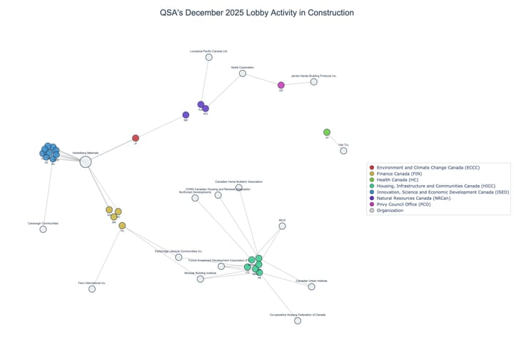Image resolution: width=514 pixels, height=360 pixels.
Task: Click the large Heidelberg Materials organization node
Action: click(86, 161)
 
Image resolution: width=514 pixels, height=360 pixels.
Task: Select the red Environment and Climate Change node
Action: click(136, 138)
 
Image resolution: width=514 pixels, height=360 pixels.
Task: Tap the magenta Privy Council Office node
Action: click(281, 85)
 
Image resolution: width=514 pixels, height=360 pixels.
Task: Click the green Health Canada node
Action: click(327, 132)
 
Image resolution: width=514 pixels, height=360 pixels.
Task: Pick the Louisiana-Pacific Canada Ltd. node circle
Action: click(208, 57)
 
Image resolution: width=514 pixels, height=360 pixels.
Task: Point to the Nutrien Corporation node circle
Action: click(243, 74)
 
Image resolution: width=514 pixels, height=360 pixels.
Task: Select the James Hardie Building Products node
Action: click(313, 81)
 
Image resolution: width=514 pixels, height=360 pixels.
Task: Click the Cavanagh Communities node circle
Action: click(43, 230)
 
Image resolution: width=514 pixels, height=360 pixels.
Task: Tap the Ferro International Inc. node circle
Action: click(92, 289)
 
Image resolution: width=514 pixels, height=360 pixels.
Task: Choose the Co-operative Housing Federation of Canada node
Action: click(298, 321)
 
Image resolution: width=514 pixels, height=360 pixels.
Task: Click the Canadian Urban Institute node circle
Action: click(311, 287)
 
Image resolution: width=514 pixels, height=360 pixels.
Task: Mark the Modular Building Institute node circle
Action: click(201, 279)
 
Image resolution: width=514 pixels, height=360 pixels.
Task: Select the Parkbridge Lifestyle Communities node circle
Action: click(178, 257)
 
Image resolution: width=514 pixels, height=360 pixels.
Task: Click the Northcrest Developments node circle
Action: click(195, 198)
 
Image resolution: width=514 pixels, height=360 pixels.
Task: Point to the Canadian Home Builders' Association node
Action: click(239, 187)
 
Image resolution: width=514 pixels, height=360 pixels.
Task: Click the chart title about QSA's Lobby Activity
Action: click(257, 13)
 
